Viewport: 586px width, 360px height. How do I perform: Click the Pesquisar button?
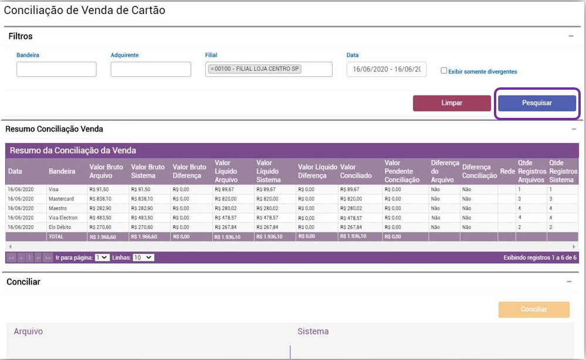tap(537, 103)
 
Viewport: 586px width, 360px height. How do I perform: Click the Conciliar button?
tap(533, 310)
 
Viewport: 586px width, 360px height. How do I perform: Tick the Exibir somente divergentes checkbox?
tap(444, 70)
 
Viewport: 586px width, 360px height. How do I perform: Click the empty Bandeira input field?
tap(56, 69)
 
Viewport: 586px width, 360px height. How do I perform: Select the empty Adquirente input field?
tap(151, 69)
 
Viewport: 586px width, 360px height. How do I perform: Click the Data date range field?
tap(387, 69)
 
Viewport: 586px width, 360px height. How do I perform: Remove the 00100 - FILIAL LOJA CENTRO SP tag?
tap(212, 69)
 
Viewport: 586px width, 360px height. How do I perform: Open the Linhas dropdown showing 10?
tap(143, 257)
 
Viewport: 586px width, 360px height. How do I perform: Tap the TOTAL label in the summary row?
tap(57, 237)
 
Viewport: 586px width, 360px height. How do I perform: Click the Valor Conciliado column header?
tap(355, 171)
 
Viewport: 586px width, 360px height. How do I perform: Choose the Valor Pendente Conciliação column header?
tap(402, 171)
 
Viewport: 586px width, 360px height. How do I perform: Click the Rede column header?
tap(507, 171)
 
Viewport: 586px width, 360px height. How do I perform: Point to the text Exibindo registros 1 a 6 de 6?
tap(540, 257)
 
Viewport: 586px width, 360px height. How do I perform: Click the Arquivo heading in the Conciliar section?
tap(28, 331)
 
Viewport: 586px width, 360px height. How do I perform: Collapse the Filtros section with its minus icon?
tap(571, 36)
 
